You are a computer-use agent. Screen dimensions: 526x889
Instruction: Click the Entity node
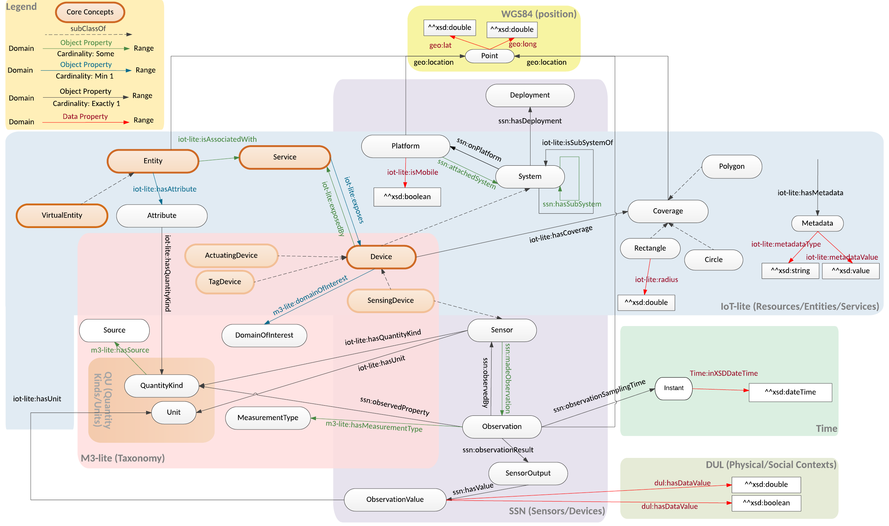tap(153, 161)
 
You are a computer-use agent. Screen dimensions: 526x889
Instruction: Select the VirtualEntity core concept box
tap(62, 215)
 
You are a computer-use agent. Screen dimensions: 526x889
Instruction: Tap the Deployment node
tap(529, 95)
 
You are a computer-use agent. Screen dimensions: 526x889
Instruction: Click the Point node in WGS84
tap(489, 56)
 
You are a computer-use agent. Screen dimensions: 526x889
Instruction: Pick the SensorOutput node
tap(528, 473)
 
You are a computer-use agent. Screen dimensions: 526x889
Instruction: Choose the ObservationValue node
tap(395, 499)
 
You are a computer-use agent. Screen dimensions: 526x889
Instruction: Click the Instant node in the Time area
tap(673, 388)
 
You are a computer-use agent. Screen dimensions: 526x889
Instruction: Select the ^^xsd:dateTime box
tap(790, 392)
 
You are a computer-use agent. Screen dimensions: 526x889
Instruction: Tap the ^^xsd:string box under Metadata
tap(790, 271)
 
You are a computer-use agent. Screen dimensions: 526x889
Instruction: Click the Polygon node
tap(731, 166)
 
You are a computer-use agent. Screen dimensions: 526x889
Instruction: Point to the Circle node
tap(713, 260)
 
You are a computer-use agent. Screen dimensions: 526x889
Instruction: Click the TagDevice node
tap(225, 282)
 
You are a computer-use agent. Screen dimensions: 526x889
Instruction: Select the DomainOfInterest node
tap(264, 335)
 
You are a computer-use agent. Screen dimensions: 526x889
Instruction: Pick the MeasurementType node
tap(268, 418)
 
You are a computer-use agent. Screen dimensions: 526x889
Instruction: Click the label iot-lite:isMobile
tap(413, 172)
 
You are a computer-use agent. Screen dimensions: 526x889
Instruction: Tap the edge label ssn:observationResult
tap(498, 450)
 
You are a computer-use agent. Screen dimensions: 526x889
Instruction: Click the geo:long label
tap(523, 44)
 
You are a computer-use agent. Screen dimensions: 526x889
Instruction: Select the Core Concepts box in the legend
tap(90, 12)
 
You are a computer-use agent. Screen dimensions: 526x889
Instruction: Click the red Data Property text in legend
tap(85, 116)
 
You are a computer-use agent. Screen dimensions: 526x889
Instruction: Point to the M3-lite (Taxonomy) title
tap(123, 458)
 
